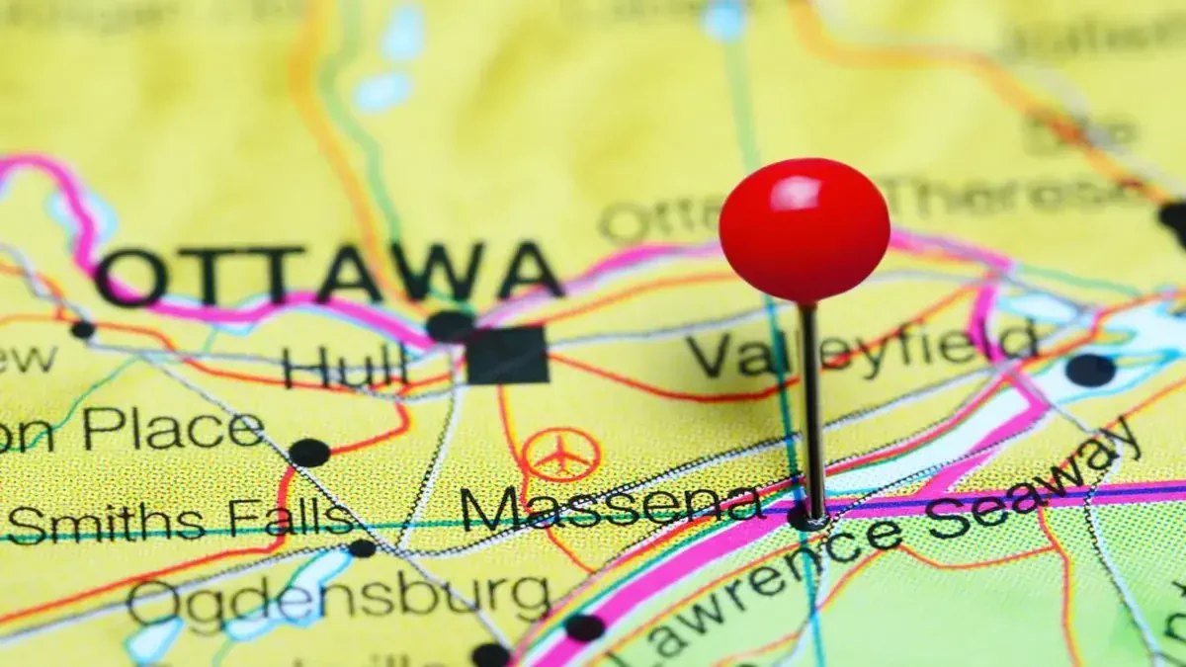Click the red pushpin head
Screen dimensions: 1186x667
click(x=804, y=229)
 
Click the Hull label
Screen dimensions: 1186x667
click(x=344, y=367)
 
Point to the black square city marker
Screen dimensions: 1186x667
click(x=507, y=355)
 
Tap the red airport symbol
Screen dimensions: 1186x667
click(x=561, y=456)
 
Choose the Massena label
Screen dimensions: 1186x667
click(x=612, y=506)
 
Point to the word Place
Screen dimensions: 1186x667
click(x=173, y=431)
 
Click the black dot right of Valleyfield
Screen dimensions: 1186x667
click(x=1090, y=370)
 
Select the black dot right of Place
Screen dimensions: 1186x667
click(x=309, y=453)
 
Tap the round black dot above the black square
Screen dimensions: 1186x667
click(x=450, y=325)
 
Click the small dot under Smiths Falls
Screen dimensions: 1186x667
click(x=362, y=547)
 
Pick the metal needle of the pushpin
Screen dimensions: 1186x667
click(x=810, y=405)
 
